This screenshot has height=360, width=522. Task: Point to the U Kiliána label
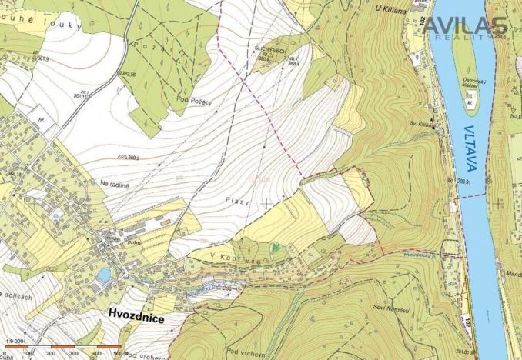pos(390,9)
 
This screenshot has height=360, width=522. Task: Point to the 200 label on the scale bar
pos(52,353)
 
